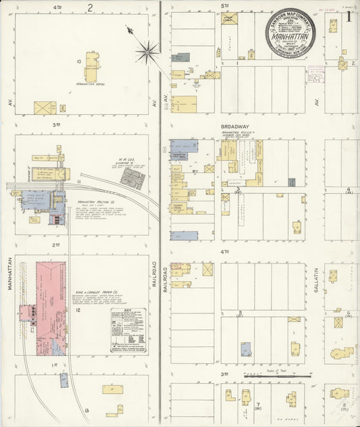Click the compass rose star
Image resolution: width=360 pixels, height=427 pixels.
click(x=147, y=49)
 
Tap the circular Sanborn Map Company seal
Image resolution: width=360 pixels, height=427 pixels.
click(x=290, y=34)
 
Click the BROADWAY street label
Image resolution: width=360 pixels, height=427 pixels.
click(x=234, y=126)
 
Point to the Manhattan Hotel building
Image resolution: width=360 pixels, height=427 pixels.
click(x=91, y=67)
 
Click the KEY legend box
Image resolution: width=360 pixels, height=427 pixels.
click(x=128, y=330)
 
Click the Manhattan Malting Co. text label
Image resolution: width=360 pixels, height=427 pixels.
click(x=95, y=202)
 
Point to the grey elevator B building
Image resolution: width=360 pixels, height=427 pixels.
click(x=132, y=178)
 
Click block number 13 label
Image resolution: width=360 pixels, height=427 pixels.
click(x=86, y=409)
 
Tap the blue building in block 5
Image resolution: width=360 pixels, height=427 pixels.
click(x=246, y=349)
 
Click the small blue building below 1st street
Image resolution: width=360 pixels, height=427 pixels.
click(x=63, y=380)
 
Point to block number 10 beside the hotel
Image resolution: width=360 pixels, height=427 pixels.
click(x=79, y=61)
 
